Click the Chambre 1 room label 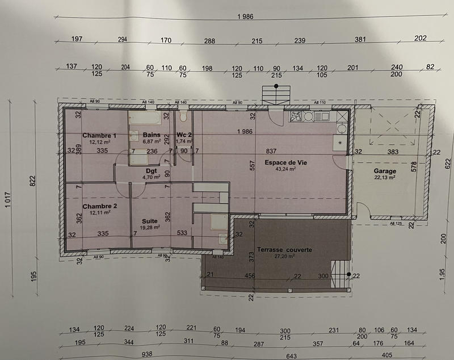click(x=99, y=135)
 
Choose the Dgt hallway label click(x=151, y=170)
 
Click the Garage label click(x=385, y=171)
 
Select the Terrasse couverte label click(x=284, y=250)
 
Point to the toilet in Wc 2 click(x=182, y=116)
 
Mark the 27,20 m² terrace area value click(x=284, y=256)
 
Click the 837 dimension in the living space click(x=271, y=151)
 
